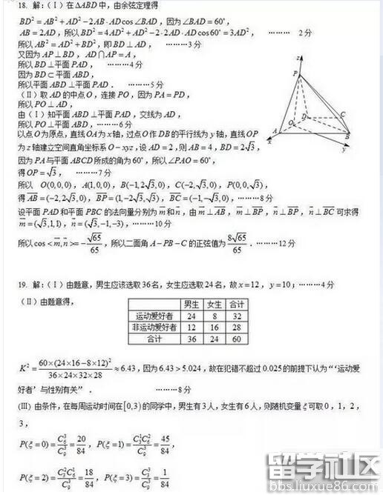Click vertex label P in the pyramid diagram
coord(295,72)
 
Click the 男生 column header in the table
coord(191,304)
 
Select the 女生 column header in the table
coord(215,304)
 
